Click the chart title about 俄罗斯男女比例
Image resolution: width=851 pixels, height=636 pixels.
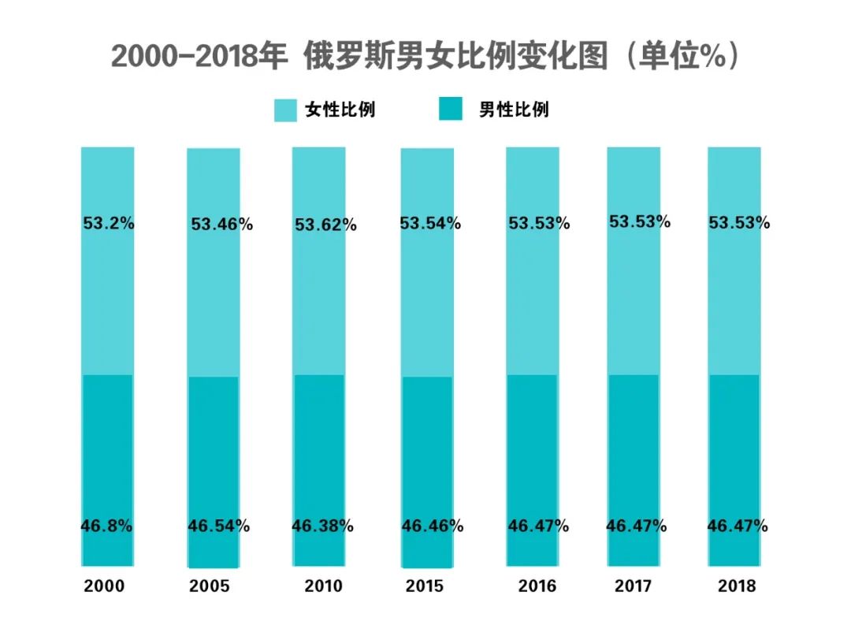click(x=425, y=57)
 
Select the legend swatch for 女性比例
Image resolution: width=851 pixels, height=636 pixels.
click(x=285, y=110)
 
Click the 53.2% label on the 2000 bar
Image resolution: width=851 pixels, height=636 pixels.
click(x=109, y=223)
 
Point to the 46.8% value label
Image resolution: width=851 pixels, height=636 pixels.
click(x=106, y=526)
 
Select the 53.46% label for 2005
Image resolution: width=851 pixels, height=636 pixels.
click(x=221, y=225)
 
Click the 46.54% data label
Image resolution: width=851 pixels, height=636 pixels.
click(x=218, y=526)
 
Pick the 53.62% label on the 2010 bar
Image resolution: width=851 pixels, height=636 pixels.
click(x=325, y=225)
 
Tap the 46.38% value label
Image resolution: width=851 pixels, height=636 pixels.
click(x=322, y=526)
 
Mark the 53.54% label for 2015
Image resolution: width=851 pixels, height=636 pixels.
click(x=429, y=224)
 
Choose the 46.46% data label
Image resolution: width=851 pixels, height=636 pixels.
click(x=432, y=526)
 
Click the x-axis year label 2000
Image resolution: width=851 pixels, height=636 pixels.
click(x=105, y=586)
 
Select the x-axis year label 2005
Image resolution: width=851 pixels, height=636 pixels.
click(x=209, y=586)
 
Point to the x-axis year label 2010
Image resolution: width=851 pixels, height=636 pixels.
click(x=323, y=586)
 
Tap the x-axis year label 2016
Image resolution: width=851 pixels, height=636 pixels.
click(x=537, y=586)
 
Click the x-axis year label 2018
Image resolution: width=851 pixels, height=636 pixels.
click(x=736, y=586)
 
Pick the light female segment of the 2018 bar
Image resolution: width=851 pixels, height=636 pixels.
click(x=734, y=299)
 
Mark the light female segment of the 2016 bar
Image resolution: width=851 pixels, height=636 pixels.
click(x=533, y=299)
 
